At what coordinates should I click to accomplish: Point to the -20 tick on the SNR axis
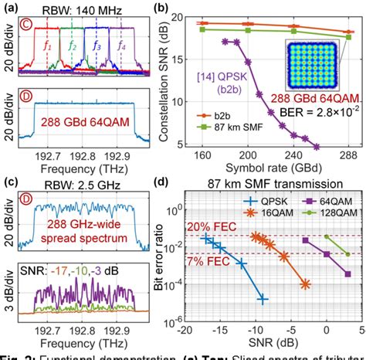184,330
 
